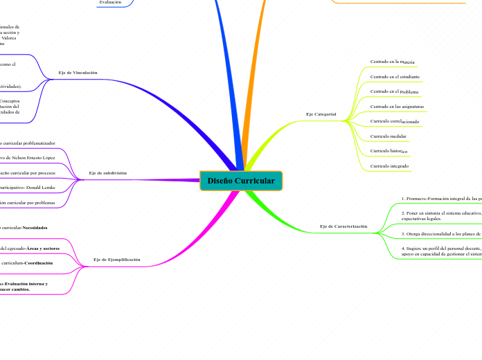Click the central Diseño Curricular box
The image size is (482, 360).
[x=241, y=181]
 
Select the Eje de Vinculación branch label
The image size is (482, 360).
[x=78, y=73]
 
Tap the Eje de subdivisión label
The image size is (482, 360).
[x=108, y=172]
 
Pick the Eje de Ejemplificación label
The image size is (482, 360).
[x=116, y=260]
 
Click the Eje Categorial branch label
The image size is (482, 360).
[x=321, y=114]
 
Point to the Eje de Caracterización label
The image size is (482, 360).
[x=343, y=226]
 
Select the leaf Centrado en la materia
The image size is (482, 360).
[x=392, y=62]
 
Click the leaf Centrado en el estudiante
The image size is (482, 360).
[x=395, y=76]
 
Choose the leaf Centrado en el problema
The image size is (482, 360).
[x=394, y=91]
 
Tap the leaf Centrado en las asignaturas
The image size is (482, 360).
[x=397, y=107]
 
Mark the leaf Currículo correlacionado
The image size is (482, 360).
[x=395, y=121]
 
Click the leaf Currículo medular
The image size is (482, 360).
[x=389, y=136]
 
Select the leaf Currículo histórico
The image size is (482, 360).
[x=389, y=151]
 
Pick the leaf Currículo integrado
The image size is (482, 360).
[x=389, y=166]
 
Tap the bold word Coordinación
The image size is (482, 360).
[x=37, y=263]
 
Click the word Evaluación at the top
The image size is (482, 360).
[x=110, y=2]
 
